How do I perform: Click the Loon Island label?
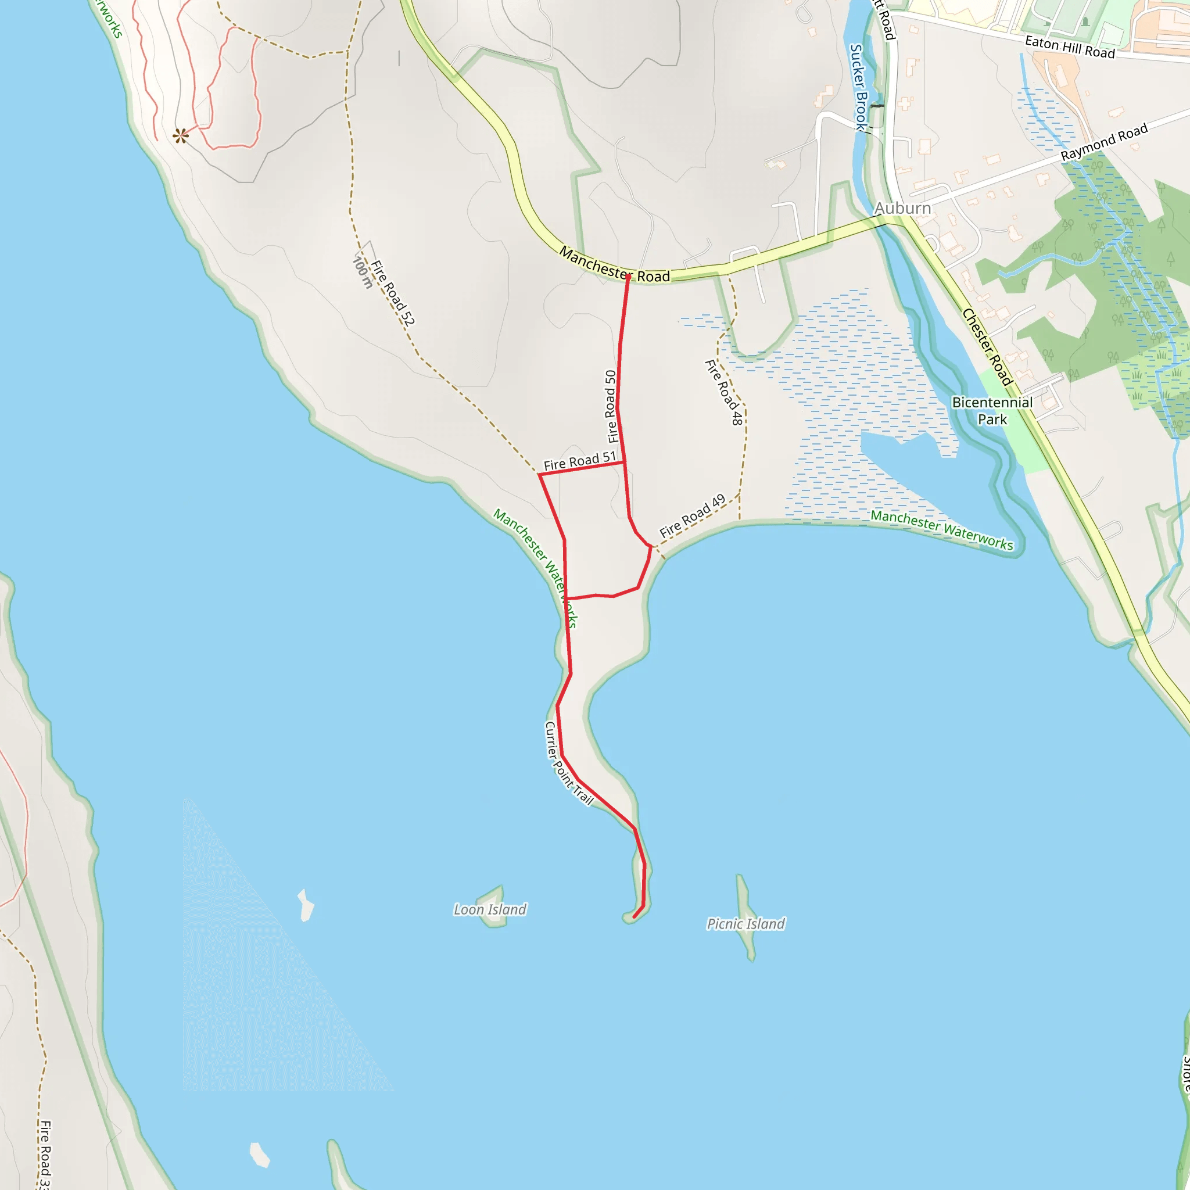[x=490, y=910]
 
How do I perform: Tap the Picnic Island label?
[x=745, y=924]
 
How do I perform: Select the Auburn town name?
[x=902, y=208]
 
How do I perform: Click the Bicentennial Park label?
[x=992, y=411]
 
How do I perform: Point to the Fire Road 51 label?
[x=579, y=461]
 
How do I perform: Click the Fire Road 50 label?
[x=611, y=407]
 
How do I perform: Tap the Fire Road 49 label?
[x=691, y=515]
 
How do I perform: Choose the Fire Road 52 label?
[x=392, y=293]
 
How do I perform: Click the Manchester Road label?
[x=614, y=266]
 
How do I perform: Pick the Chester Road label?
[x=987, y=347]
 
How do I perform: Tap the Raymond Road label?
[x=1104, y=142]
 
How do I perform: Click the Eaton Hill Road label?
[x=1069, y=47]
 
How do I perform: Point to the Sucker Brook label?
[x=858, y=86]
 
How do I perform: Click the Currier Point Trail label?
[x=568, y=764]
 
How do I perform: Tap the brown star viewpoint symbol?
[x=180, y=135]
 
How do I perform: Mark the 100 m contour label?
[x=362, y=273]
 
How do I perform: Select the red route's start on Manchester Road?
[x=628, y=277]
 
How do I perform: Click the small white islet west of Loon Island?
[x=306, y=905]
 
